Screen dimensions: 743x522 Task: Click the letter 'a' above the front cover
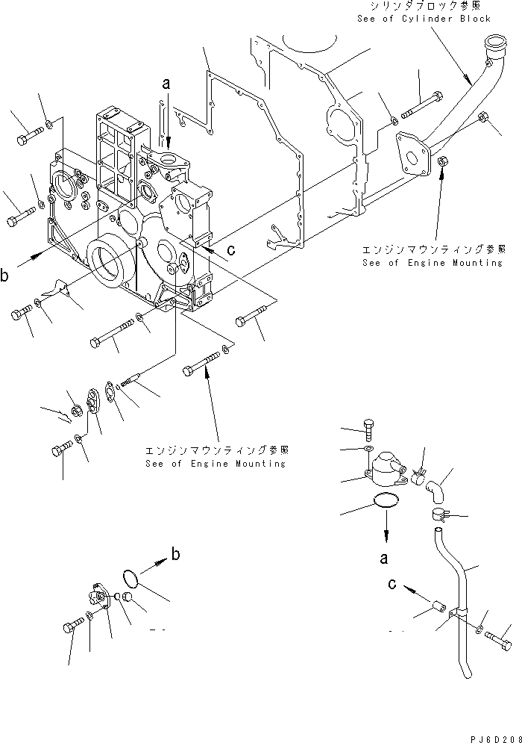click(x=167, y=85)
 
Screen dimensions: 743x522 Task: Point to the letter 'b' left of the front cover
click(x=5, y=276)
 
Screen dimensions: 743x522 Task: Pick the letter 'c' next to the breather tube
click(x=393, y=585)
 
